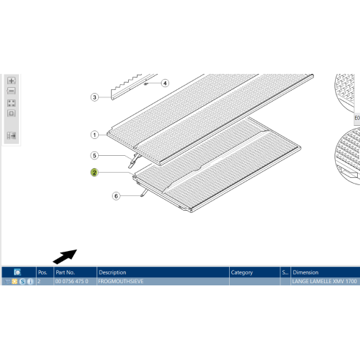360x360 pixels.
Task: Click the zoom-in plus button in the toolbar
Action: coord(12,80)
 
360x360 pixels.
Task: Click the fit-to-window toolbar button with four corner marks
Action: coord(12,102)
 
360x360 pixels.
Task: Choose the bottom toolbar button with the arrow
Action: coord(12,135)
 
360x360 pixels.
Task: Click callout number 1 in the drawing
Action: coord(94,135)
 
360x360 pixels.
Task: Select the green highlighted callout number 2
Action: coord(94,173)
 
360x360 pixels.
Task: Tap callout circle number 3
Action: coord(94,97)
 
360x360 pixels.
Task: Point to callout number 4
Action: coord(165,83)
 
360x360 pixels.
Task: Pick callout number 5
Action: coord(94,155)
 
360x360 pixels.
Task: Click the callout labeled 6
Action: coord(116,196)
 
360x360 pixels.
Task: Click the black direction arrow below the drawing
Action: coord(65,255)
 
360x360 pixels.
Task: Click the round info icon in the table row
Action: coord(30,282)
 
